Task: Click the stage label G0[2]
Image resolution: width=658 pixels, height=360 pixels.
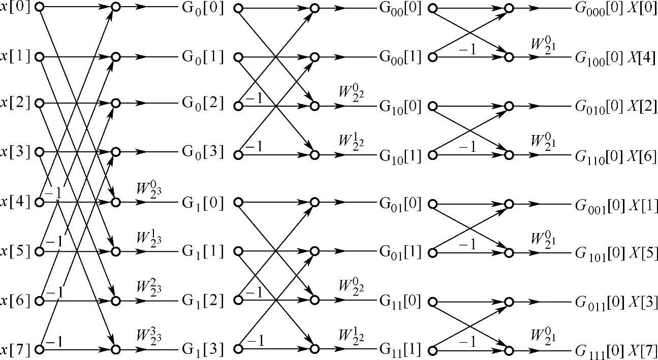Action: [202, 103]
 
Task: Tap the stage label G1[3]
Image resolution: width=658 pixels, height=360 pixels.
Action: [202, 349]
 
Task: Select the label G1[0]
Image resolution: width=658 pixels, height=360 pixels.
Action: [202, 203]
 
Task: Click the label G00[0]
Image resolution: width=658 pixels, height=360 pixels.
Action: [400, 9]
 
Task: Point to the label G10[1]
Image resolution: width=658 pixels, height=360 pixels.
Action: [400, 156]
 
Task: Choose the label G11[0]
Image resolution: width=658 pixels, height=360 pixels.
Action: [400, 301]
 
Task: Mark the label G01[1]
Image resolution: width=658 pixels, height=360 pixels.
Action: [400, 252]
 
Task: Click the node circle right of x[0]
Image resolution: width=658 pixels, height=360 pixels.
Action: [39, 8]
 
